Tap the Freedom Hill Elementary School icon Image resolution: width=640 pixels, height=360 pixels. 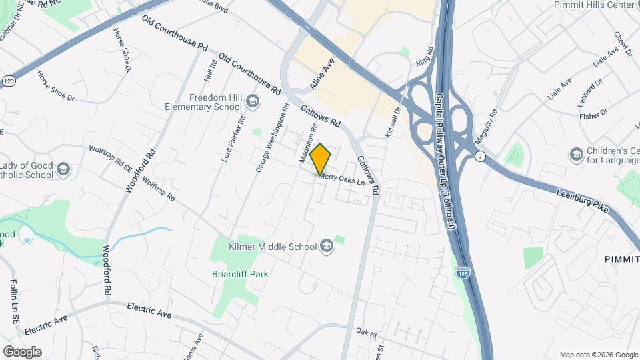[252, 101]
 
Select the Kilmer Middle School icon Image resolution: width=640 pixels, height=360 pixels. [326, 247]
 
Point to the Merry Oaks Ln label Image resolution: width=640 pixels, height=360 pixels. [344, 179]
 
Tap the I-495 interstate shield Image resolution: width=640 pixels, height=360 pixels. [462, 272]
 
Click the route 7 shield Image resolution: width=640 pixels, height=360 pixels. [479, 156]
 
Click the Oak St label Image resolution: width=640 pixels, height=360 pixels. [366, 331]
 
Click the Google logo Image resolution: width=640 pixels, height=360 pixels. [22, 351]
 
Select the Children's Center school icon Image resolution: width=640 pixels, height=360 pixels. [576, 155]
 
